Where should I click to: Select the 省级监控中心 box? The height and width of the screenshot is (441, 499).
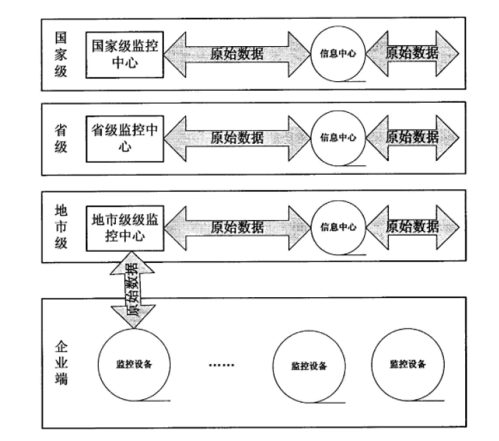[125, 138]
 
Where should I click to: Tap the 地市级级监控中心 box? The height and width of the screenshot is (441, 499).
[125, 227]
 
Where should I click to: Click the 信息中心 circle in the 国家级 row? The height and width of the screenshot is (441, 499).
[338, 53]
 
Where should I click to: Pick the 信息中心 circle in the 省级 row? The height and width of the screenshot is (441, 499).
[338, 137]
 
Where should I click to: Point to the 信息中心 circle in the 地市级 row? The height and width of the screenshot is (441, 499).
[338, 226]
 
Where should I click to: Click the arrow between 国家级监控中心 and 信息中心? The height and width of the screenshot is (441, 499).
[236, 53]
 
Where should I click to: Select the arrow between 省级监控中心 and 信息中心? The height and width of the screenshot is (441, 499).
[236, 138]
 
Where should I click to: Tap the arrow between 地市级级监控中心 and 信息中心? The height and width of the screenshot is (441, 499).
[236, 227]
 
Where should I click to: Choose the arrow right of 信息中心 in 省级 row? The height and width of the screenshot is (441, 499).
[412, 136]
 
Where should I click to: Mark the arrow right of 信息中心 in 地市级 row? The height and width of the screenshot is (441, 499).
[412, 226]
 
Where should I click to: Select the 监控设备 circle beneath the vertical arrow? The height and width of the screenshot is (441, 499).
[134, 364]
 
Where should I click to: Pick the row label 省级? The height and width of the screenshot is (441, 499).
[61, 138]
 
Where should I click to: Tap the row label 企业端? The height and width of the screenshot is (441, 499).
[61, 362]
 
